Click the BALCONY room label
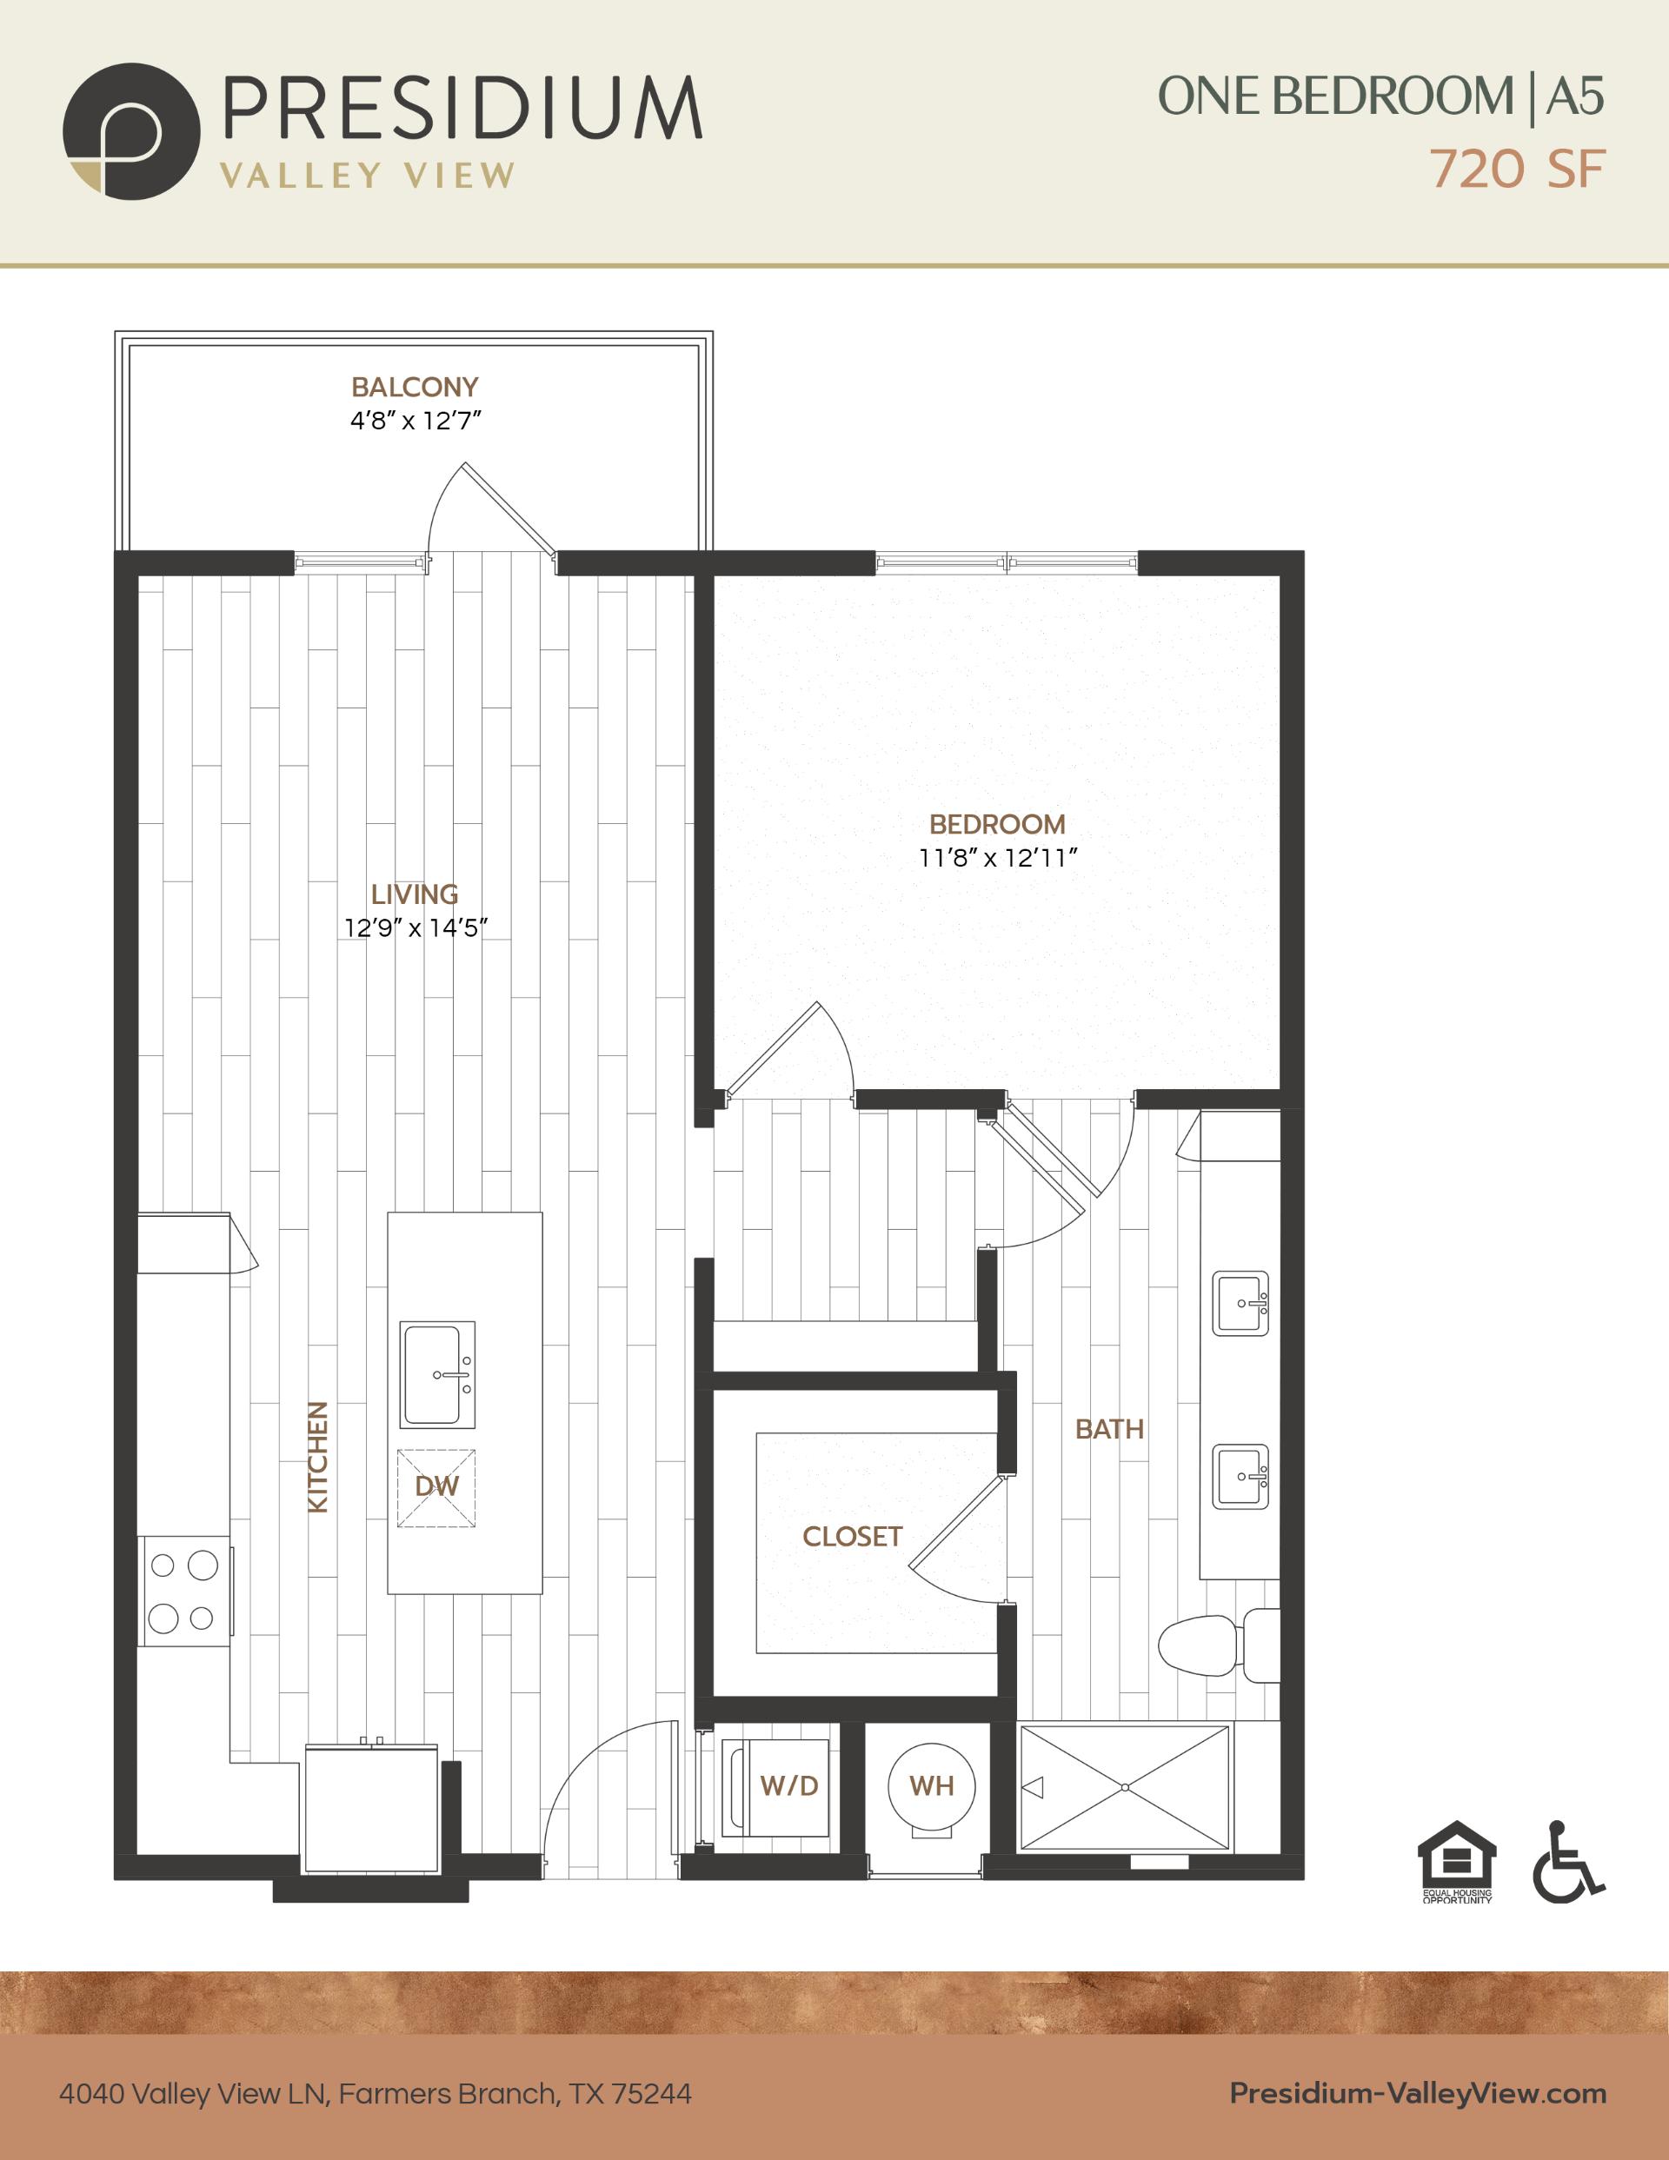[415, 387]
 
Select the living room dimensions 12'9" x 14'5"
[416, 927]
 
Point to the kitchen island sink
[437, 1373]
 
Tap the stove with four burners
[184, 1592]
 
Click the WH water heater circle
[931, 1786]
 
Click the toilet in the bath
[1219, 1646]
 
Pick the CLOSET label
[853, 1537]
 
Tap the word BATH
[1110, 1429]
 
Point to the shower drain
[1125, 1787]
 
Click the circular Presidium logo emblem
[131, 131]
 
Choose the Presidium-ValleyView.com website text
[1418, 2085]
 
